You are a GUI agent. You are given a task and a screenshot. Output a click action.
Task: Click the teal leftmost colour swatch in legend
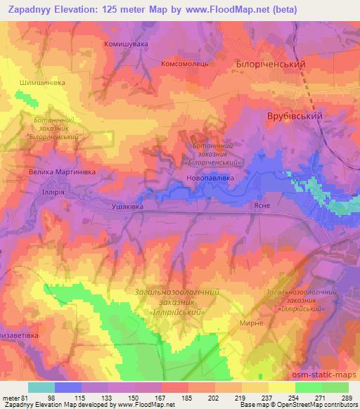[41, 387]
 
